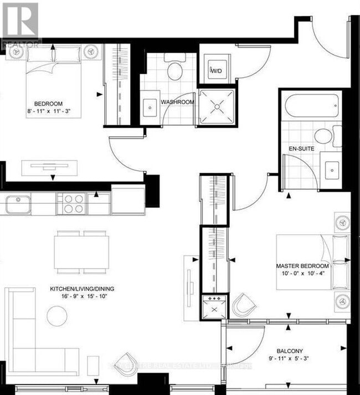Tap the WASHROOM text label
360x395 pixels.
coord(177,102)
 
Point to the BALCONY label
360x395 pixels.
coord(290,351)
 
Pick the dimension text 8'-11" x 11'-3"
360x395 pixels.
coord(49,112)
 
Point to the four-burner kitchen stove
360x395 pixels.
coord(73,203)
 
